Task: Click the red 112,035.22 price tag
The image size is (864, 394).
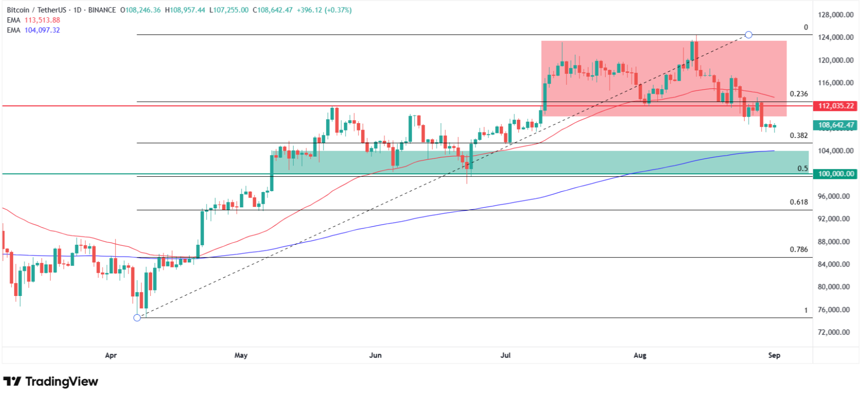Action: click(x=835, y=106)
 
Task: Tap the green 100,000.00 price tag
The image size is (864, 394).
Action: click(x=835, y=174)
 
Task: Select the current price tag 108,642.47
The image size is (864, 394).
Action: click(x=835, y=125)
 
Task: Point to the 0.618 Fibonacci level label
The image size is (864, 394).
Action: click(x=798, y=202)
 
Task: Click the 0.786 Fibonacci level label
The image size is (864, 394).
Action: click(x=798, y=249)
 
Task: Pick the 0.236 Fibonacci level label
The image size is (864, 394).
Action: click(x=798, y=94)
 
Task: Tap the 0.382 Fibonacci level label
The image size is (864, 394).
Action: click(x=798, y=135)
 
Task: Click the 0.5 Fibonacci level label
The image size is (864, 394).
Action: click(x=802, y=168)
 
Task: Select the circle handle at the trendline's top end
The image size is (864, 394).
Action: click(x=748, y=34)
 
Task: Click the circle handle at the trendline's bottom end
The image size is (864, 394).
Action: click(x=137, y=318)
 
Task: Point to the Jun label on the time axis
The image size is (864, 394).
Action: click(x=375, y=355)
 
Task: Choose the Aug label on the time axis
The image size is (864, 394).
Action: click(x=639, y=355)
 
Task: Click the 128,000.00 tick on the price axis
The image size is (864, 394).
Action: click(x=835, y=15)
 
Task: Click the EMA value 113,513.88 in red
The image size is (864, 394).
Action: click(x=42, y=20)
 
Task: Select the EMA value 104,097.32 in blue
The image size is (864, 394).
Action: click(x=42, y=30)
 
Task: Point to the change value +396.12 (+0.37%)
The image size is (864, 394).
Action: click(x=324, y=10)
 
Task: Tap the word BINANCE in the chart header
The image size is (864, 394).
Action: click(x=102, y=10)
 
